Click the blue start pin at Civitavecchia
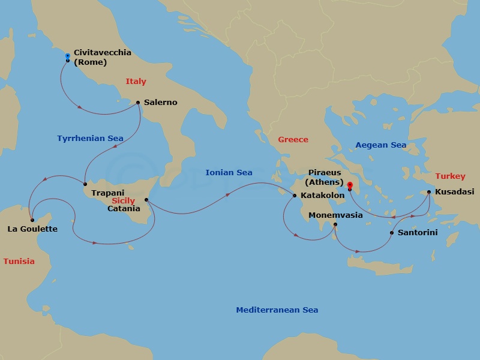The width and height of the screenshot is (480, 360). [x=67, y=56]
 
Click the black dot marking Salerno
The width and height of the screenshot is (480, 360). [x=138, y=103]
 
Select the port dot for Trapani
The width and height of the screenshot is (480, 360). [x=85, y=184]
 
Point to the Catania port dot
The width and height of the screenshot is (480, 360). [x=146, y=200]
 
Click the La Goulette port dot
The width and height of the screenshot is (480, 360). [x=32, y=220]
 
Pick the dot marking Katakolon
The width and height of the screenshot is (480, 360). [x=294, y=196]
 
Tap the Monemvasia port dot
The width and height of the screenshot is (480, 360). [x=335, y=225]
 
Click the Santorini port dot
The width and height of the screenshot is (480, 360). [x=391, y=233]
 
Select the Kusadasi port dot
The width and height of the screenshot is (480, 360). [x=428, y=192]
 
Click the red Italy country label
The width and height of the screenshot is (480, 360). [x=136, y=82]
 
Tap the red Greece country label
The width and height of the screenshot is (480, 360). [x=293, y=140]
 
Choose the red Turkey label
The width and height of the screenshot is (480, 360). [x=450, y=176]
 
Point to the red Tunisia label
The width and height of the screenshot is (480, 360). [x=19, y=262]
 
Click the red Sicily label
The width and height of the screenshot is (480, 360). [x=123, y=201]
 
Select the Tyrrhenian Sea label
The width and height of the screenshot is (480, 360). [x=90, y=139]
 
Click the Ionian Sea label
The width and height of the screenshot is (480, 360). [x=229, y=173]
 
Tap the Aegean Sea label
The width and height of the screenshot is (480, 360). [x=380, y=145]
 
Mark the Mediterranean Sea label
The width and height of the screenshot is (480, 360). [x=277, y=310]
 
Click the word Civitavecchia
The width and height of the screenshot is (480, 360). [x=102, y=53]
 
